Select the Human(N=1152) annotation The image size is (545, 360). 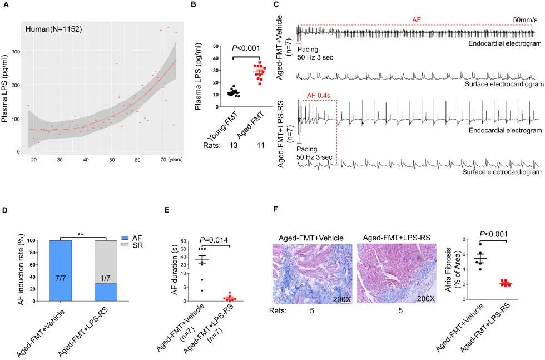[x=54, y=28]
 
